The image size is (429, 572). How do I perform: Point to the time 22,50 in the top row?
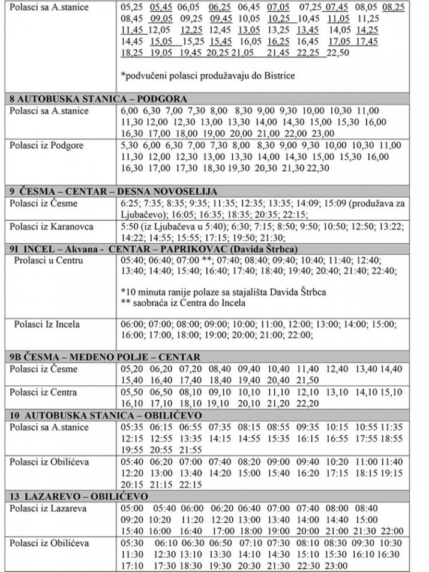click(337, 53)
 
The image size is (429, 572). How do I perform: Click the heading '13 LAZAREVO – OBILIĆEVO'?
click(77, 497)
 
